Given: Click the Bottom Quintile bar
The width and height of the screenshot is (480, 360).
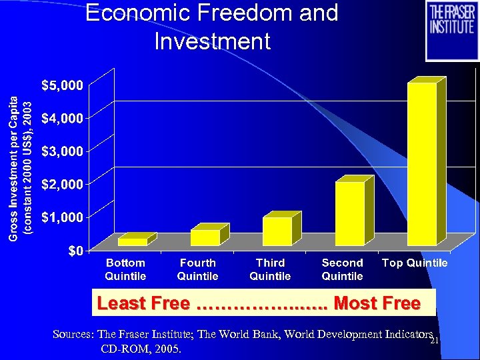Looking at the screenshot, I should [133, 241].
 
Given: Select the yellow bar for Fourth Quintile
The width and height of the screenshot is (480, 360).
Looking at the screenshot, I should [205, 237].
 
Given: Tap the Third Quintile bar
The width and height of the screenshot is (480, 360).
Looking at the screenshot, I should [277, 231].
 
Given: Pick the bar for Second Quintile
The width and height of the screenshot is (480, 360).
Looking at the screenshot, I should [349, 213].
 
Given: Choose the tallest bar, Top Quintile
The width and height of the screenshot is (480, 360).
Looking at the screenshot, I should [421, 163].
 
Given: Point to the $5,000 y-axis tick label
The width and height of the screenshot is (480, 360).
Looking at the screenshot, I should [63, 85].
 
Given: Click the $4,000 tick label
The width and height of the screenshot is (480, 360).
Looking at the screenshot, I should [63, 118].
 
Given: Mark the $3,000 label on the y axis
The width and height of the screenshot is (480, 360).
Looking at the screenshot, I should [63, 151].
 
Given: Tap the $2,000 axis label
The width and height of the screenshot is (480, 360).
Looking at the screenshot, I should [63, 184].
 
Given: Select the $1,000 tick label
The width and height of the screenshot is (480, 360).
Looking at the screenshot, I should [63, 217].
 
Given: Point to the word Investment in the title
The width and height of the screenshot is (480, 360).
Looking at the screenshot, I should [212, 41].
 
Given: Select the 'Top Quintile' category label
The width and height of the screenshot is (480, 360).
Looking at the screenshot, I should [415, 263].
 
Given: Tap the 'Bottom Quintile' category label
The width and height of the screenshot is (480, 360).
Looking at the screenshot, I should [125, 269].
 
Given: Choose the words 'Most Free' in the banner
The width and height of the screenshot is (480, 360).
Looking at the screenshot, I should [377, 304].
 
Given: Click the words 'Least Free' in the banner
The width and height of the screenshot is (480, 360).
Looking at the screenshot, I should [143, 304].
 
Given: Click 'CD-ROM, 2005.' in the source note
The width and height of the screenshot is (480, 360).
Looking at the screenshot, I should [141, 349].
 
